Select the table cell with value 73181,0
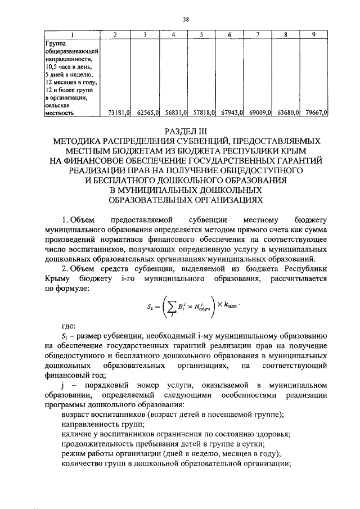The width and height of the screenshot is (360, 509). pos(119,112)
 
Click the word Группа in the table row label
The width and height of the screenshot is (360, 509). pos(55,42)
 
